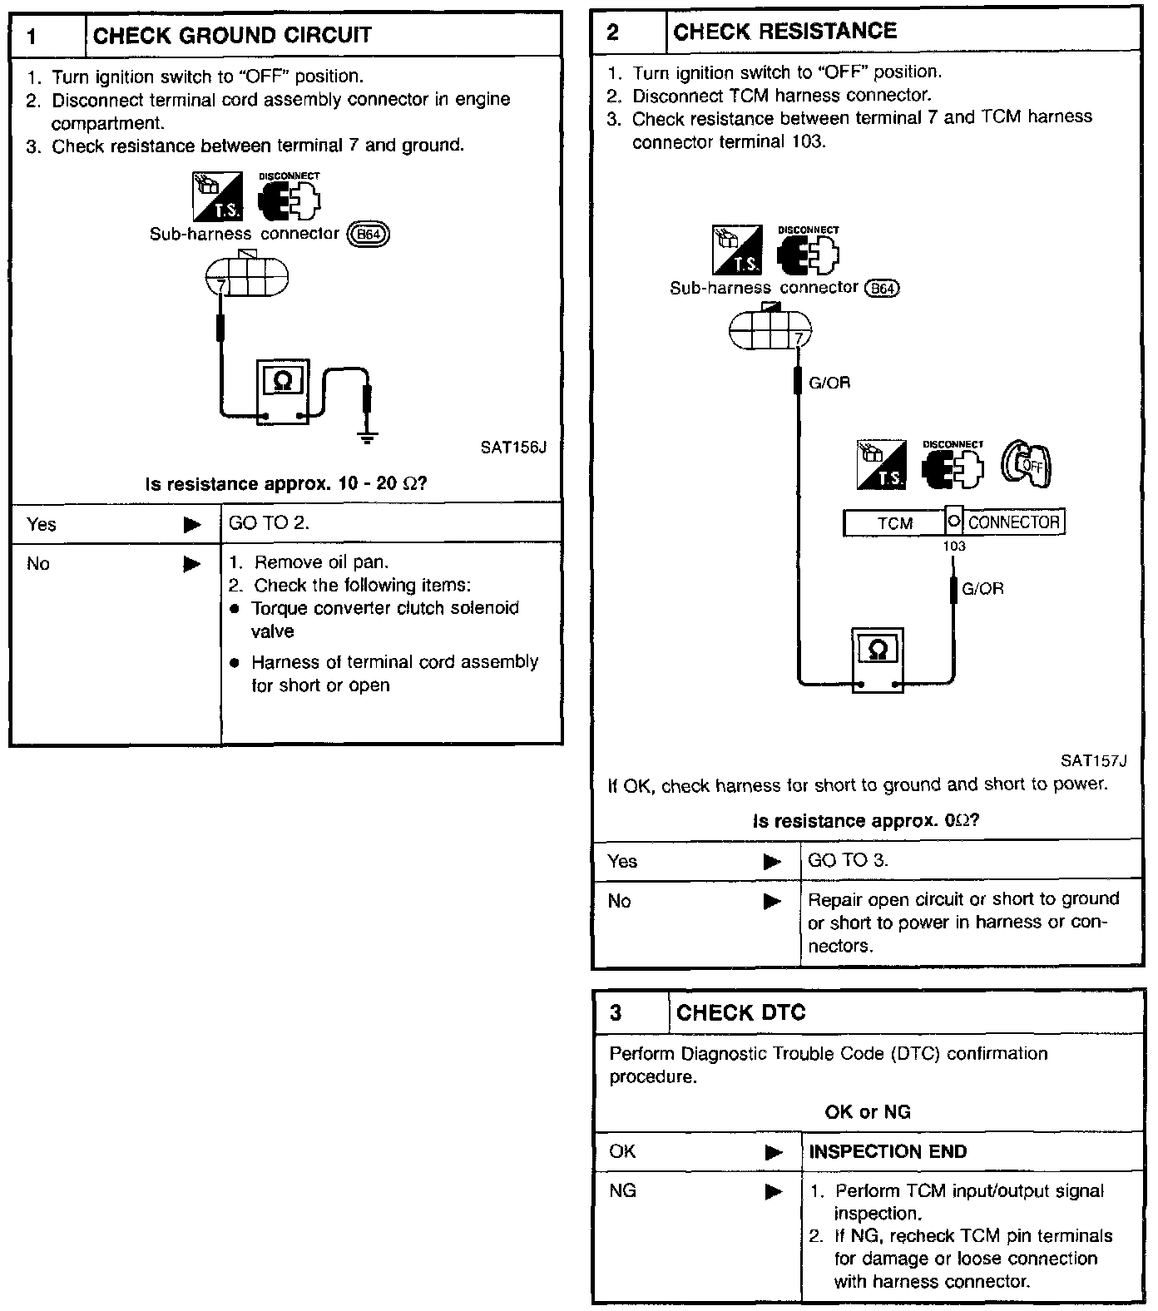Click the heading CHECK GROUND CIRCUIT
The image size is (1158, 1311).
tap(232, 36)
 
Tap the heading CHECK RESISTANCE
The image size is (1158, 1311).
tap(784, 32)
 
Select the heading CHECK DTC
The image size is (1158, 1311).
tap(740, 1012)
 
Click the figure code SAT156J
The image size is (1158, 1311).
tap(513, 448)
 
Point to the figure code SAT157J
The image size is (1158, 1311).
tap(1092, 760)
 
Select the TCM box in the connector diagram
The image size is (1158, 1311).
tap(894, 523)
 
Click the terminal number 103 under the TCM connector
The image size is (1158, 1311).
tap(953, 547)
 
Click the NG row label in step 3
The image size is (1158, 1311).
tap(622, 1191)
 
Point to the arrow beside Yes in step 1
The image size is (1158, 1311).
tap(192, 525)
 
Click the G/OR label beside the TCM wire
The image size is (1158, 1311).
tap(982, 589)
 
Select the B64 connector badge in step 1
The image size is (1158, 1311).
tap(368, 235)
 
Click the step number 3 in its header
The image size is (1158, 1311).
tap(616, 1013)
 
